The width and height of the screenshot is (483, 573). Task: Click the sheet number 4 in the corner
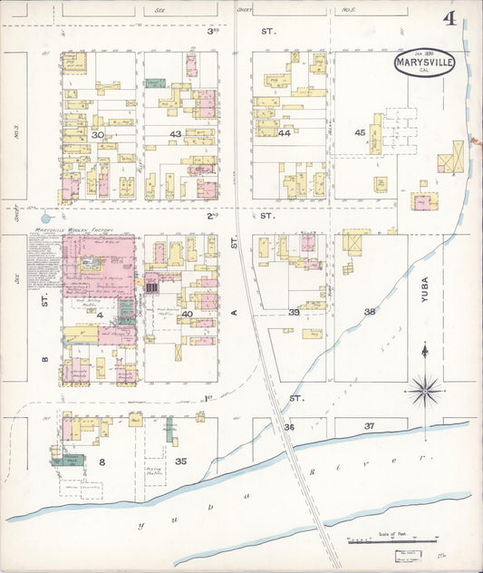(x=449, y=18)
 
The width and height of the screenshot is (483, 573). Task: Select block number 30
(x=98, y=134)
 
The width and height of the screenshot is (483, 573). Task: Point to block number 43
(x=176, y=134)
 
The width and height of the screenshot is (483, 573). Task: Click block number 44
(x=285, y=133)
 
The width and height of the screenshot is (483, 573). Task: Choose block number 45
(x=360, y=133)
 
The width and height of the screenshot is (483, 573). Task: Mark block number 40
(x=187, y=314)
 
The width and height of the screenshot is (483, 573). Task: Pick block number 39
(x=294, y=312)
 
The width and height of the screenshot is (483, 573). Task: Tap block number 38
(x=370, y=312)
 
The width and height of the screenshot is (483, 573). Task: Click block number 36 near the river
(x=289, y=426)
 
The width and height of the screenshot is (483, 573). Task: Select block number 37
(x=369, y=425)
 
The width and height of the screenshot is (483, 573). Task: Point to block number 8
(x=102, y=462)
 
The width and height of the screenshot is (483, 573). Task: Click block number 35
(x=180, y=461)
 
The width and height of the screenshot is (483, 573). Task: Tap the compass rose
(x=424, y=390)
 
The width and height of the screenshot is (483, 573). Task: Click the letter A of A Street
(x=233, y=312)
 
